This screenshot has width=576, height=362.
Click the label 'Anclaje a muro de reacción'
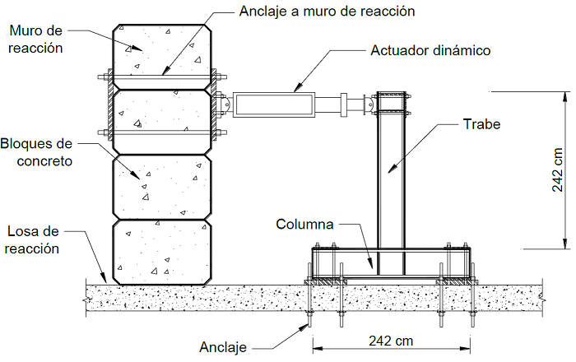(x=326, y=12)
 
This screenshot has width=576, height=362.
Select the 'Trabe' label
(x=481, y=124)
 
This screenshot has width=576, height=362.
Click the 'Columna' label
(x=304, y=224)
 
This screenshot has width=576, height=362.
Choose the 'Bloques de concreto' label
(x=36, y=152)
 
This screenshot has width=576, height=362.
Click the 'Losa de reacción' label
(x=33, y=239)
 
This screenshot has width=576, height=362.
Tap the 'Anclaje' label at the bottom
(x=223, y=347)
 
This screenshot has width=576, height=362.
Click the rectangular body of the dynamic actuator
(x=274, y=104)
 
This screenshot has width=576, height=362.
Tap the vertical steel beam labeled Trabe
(x=392, y=173)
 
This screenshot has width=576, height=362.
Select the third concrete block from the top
(x=162, y=186)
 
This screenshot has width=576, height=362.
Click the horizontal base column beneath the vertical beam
(x=392, y=262)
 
